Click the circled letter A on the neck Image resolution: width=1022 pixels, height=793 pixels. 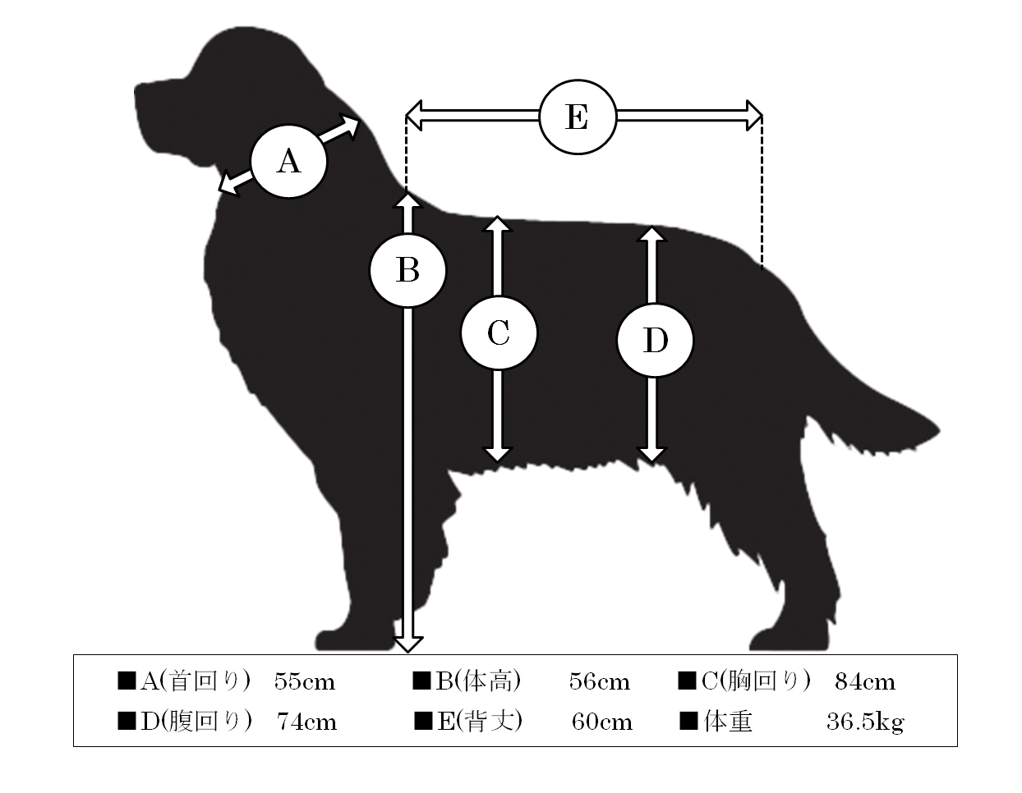(x=288, y=161)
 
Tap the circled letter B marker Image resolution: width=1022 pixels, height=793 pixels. (x=407, y=271)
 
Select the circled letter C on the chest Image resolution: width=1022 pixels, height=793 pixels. (x=498, y=333)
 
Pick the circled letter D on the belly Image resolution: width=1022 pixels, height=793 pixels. (x=655, y=340)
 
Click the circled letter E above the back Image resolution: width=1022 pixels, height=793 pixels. (x=578, y=117)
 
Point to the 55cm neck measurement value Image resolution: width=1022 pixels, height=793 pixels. (x=305, y=681)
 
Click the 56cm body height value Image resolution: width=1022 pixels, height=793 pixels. (x=599, y=681)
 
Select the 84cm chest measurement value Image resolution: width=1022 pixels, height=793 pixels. (x=865, y=681)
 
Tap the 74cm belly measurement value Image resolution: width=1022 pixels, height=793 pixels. (x=306, y=722)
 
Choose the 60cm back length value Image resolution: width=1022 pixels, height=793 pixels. (x=602, y=722)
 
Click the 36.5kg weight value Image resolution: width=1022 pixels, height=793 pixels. (x=865, y=722)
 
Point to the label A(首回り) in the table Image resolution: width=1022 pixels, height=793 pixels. (x=195, y=681)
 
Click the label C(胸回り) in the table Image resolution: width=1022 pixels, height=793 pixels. (x=755, y=681)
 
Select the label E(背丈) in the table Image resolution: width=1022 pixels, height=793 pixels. (x=480, y=722)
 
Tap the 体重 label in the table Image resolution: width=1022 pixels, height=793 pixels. (x=728, y=722)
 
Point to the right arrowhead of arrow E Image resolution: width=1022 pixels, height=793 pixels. (x=754, y=115)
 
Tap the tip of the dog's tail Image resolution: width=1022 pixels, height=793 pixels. (x=937, y=431)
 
